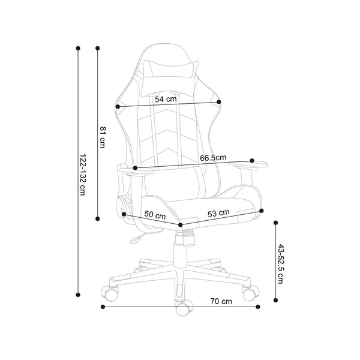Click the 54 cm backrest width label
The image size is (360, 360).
pos(166,100)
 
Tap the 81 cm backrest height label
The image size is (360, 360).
pos(103,137)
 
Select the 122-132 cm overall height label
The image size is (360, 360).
pos(83,175)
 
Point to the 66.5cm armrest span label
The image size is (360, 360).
pos(213,158)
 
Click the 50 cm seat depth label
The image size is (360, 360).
pos(155,215)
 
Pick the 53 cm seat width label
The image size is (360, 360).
pos(218,213)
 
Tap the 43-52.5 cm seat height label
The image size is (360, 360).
pos(281,263)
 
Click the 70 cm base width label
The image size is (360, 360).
pos(221,301)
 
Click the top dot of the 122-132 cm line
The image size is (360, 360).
pos(78,48)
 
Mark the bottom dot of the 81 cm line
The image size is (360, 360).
pos(98,218)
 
